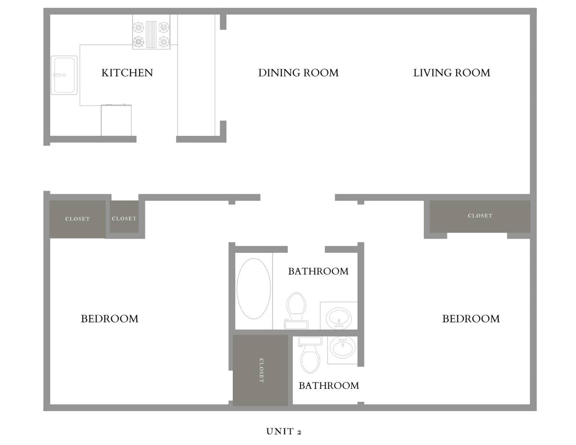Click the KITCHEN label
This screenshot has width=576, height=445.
click(127, 73)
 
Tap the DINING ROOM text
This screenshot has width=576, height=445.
click(298, 73)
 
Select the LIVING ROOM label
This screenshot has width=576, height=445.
click(451, 73)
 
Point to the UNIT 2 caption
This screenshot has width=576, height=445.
click(284, 431)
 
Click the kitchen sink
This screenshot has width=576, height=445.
click(64, 75)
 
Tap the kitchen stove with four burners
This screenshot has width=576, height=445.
click(151, 32)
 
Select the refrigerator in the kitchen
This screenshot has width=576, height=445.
click(116, 120)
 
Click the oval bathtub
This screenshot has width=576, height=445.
click(253, 289)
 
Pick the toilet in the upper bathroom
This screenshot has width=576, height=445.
click(296, 311)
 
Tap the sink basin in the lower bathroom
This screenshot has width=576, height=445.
click(342, 348)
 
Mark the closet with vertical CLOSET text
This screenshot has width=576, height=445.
click(260, 370)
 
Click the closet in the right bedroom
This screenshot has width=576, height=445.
click(480, 216)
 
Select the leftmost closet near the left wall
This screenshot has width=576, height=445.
click(77, 219)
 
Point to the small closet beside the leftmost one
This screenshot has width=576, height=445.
click(124, 217)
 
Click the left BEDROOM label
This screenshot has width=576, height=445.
click(109, 319)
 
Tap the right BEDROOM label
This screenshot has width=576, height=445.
click(471, 319)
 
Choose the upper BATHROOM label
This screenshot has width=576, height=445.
click(318, 271)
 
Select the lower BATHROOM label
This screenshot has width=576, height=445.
click(329, 385)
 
